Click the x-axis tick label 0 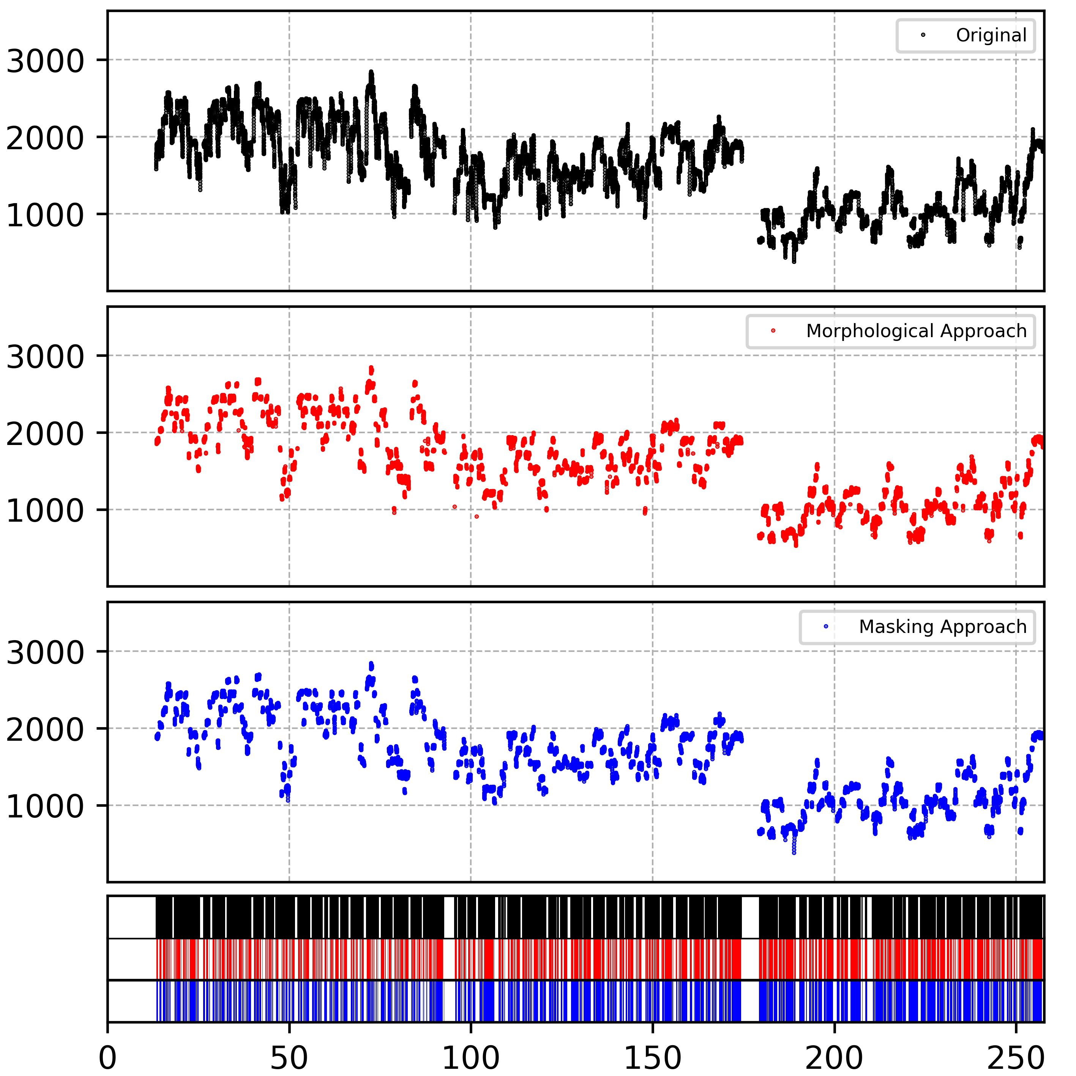pyautogui.click(x=107, y=1057)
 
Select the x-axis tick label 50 pyautogui.click(x=289, y=1057)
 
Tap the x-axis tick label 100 pyautogui.click(x=471, y=1057)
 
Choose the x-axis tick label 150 pyautogui.click(x=652, y=1057)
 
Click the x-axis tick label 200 pyautogui.click(x=834, y=1057)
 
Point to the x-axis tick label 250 pyautogui.click(x=1015, y=1057)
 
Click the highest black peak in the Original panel pyautogui.click(x=371, y=73)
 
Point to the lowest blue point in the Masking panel pyautogui.click(x=794, y=852)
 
